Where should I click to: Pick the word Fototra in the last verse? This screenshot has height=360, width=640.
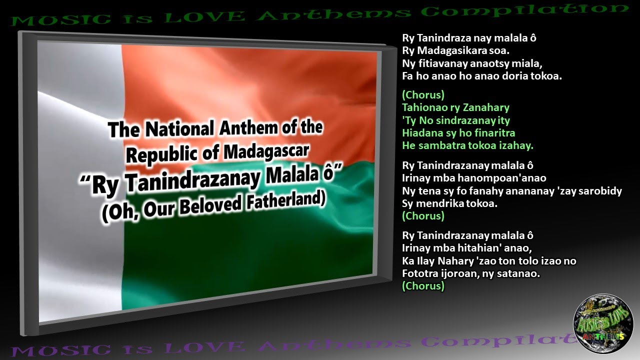(x=418, y=274)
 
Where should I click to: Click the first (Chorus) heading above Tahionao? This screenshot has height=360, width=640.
(x=423, y=94)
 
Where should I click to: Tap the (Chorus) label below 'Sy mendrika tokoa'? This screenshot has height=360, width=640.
(x=423, y=216)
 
